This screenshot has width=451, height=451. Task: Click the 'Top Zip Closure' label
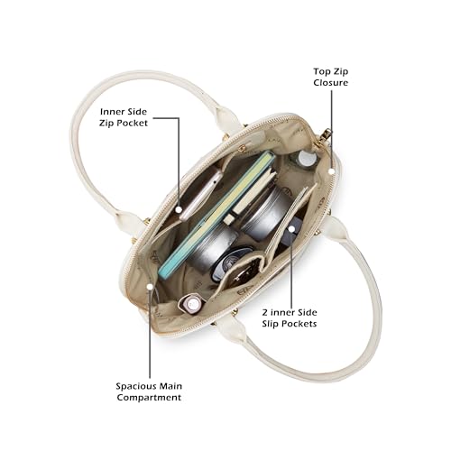click(330, 77)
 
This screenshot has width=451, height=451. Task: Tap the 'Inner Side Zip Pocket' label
click(124, 117)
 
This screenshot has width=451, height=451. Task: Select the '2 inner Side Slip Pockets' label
click(290, 318)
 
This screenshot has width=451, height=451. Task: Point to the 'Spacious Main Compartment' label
click(149, 391)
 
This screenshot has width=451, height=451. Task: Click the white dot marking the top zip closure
click(331, 171)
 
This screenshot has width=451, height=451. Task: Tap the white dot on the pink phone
click(179, 209)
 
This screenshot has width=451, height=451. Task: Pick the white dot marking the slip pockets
click(291, 229)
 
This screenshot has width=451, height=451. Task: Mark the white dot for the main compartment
click(150, 287)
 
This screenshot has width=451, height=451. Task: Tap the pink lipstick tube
click(191, 303)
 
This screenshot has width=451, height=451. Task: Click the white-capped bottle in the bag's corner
click(304, 160)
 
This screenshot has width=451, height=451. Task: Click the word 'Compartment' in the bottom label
click(149, 397)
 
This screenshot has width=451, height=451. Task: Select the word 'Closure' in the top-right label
click(330, 82)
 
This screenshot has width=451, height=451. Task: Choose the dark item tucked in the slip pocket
click(290, 233)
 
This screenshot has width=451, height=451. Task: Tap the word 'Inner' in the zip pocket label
click(112, 112)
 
